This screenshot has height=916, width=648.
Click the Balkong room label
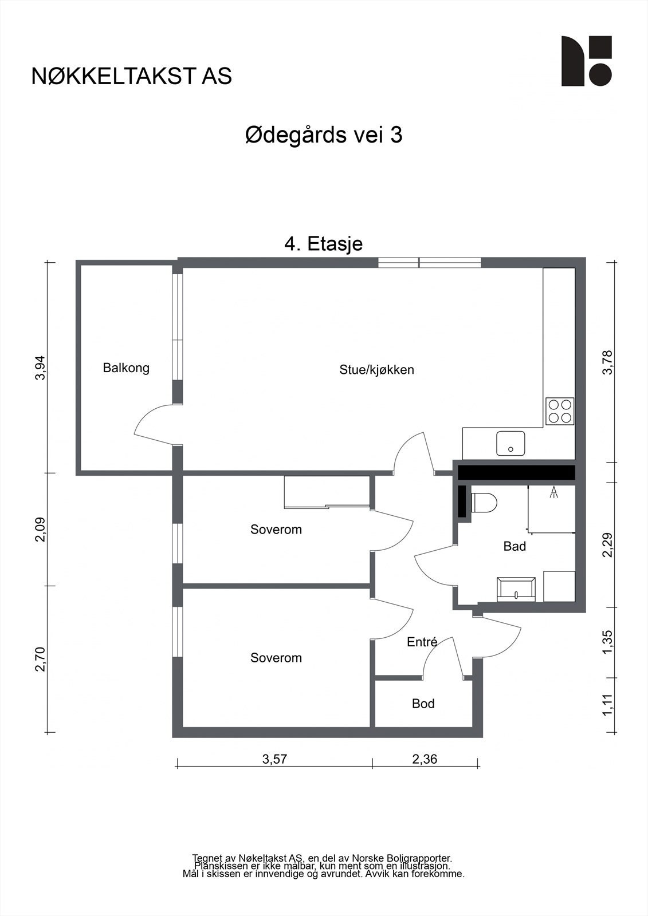126,368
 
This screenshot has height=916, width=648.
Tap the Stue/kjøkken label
376,370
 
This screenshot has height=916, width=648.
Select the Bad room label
515,547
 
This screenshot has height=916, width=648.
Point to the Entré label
422,642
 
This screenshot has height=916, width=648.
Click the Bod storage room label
423,704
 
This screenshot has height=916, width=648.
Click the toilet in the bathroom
484,503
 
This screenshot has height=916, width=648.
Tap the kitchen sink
510,443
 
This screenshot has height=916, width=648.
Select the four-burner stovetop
560,410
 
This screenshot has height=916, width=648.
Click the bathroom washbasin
517,590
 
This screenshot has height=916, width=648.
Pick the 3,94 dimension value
40,368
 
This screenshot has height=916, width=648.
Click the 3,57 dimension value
274,759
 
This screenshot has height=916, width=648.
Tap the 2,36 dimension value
425,759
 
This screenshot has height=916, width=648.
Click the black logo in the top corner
586,61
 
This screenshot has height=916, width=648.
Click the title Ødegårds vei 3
324,136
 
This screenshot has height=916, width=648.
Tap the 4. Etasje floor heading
324,244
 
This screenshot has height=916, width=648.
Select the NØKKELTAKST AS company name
132,76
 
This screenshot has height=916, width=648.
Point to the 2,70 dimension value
40,659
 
